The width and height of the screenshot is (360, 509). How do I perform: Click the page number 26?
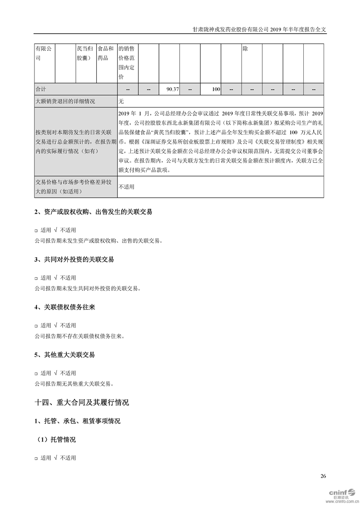click(323, 476)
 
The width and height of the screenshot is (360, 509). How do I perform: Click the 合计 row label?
click(41, 89)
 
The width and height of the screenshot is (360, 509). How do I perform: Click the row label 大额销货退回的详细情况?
click(65, 101)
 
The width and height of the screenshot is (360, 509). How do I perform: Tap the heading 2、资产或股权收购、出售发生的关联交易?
click(93, 212)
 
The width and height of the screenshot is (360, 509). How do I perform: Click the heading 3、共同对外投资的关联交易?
click(74, 259)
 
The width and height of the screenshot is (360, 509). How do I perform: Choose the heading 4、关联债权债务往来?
click(65, 307)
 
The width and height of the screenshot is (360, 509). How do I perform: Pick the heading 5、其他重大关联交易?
click(65, 355)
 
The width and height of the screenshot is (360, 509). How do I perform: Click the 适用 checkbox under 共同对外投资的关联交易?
click(37, 278)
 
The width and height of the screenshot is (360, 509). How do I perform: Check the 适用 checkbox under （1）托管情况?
click(37, 458)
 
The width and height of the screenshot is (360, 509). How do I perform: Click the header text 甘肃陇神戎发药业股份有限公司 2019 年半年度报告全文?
click(259, 29)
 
